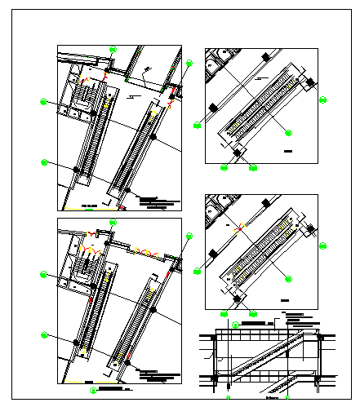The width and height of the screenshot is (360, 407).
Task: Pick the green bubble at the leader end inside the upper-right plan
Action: click(288, 130)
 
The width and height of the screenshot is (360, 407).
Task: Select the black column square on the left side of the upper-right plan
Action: click(213, 107)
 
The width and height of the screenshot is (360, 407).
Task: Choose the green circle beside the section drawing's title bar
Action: click(235, 325)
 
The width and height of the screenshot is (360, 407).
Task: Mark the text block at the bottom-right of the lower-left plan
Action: click(157, 376)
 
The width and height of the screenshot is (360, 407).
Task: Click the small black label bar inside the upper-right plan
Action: click(288, 152)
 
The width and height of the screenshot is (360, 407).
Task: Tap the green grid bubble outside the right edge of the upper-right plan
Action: click(322, 100)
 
